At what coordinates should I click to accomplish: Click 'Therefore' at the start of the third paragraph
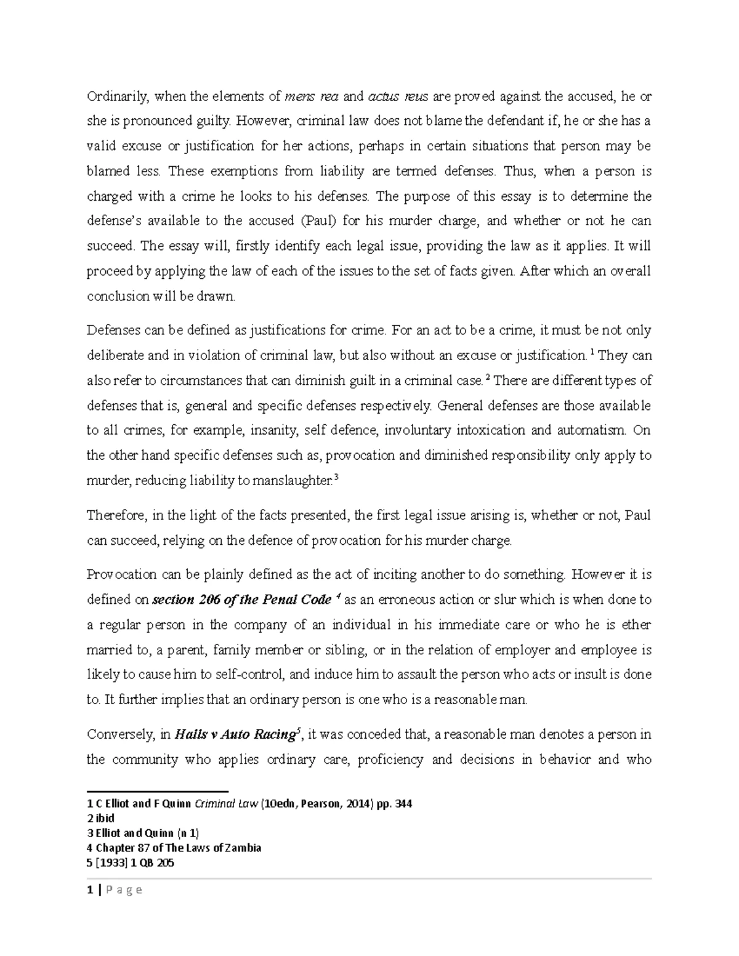[x=115, y=515]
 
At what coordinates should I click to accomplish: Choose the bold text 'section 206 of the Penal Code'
[x=236, y=600]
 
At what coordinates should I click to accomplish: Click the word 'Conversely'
[x=119, y=734]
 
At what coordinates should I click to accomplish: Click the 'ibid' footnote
[x=105, y=819]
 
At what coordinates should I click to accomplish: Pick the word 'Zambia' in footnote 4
[x=241, y=848]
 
